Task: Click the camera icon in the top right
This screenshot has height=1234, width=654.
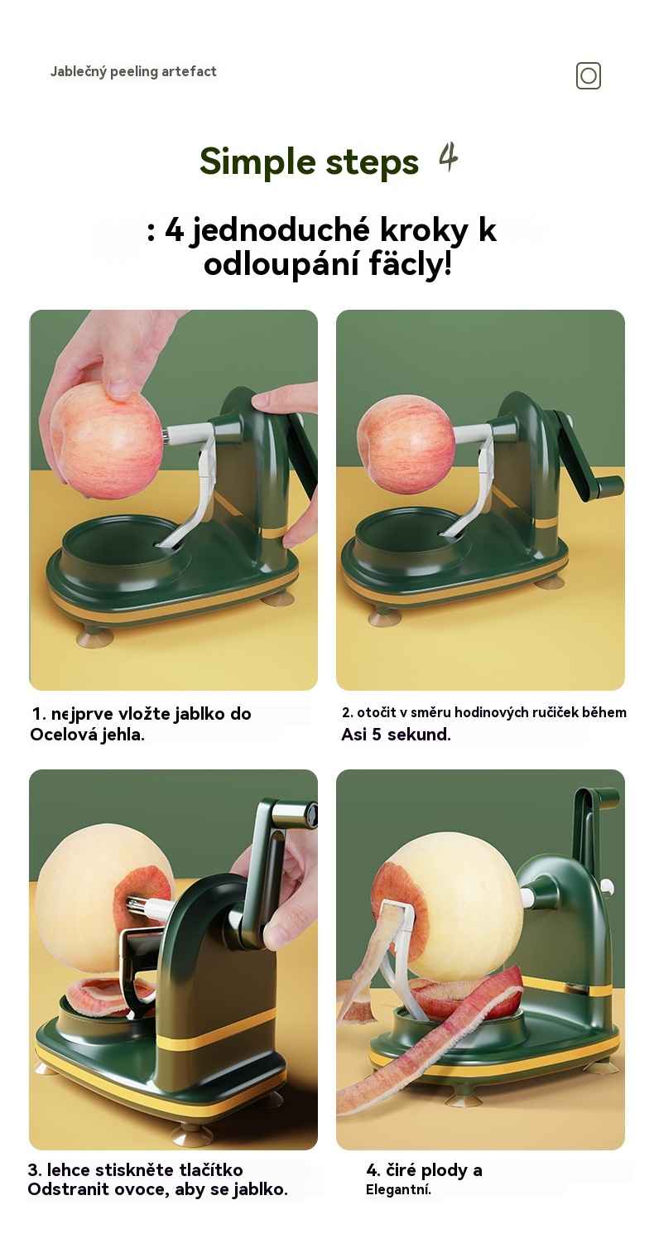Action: pyautogui.click(x=588, y=75)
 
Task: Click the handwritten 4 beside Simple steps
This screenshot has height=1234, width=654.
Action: pyautogui.click(x=448, y=157)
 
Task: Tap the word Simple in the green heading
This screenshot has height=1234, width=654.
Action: pyautogui.click(x=258, y=162)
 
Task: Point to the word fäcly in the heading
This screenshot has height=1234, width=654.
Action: pyautogui.click(x=410, y=264)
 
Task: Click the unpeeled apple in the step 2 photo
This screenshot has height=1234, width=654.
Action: pyautogui.click(x=406, y=444)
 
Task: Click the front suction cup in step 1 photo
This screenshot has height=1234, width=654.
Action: pyautogui.click(x=95, y=638)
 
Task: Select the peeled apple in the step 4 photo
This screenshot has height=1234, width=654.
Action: pyautogui.click(x=459, y=913)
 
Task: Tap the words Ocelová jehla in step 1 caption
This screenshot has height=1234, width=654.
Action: pyautogui.click(x=86, y=735)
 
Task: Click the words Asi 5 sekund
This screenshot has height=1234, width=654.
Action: pyautogui.click(x=396, y=735)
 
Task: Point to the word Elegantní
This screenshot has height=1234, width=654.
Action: pyautogui.click(x=398, y=1189)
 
